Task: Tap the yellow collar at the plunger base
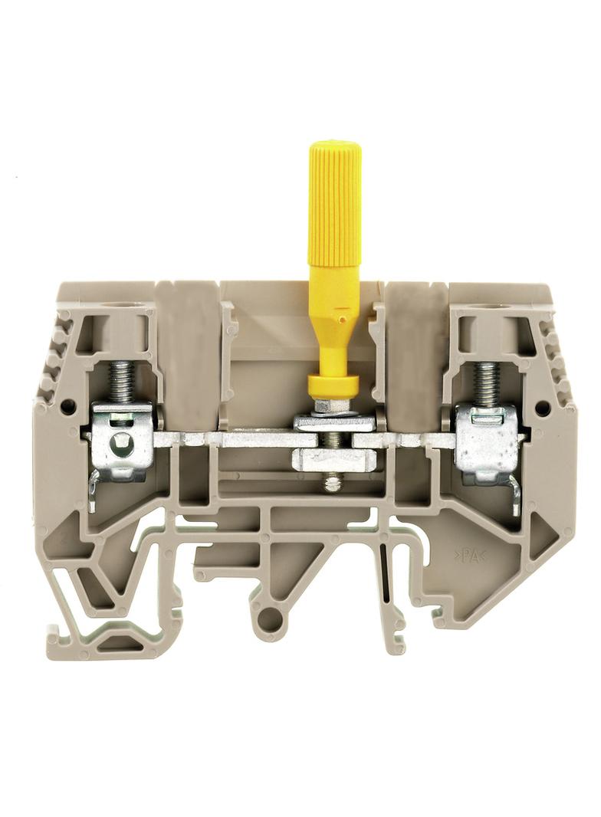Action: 333,386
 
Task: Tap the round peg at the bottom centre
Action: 271,616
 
